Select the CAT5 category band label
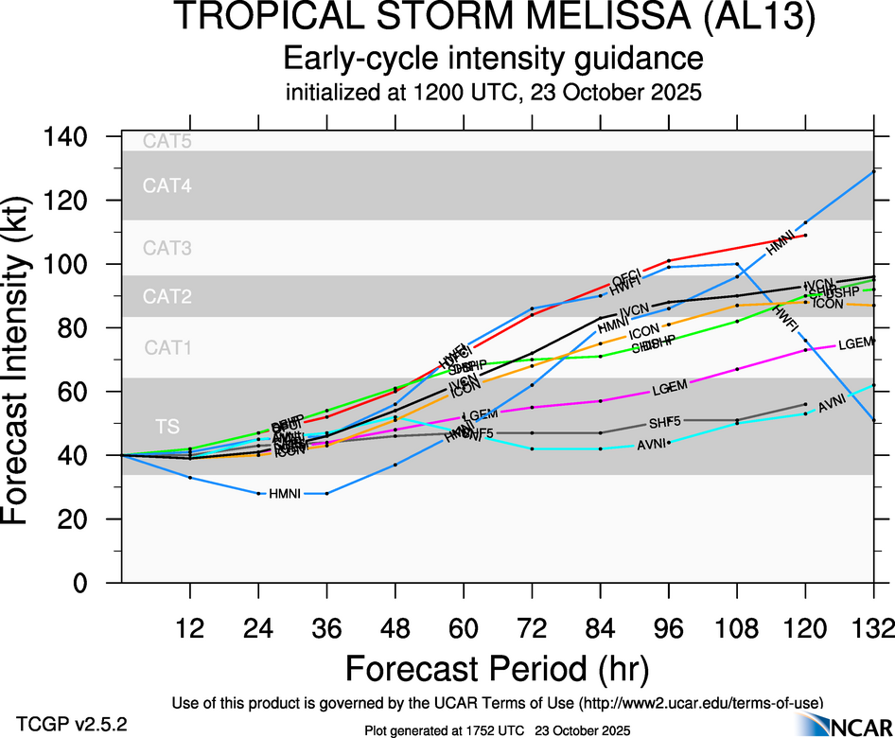[x=167, y=143]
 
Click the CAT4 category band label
[x=167, y=186]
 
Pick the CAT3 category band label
[x=167, y=250]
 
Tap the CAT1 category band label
[x=167, y=348]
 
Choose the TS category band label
[x=167, y=427]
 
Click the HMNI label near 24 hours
[x=285, y=494]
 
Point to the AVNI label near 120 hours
[x=832, y=405]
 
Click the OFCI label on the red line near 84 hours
[x=626, y=277]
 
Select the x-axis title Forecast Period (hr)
[x=497, y=668]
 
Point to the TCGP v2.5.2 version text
[x=71, y=723]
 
